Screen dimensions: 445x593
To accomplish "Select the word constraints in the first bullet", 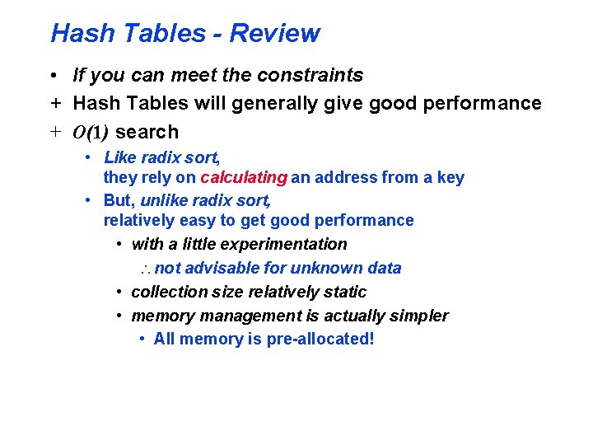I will point(310,76).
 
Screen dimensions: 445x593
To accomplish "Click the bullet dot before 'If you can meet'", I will point(52,76).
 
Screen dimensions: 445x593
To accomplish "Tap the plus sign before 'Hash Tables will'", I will point(53,104).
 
